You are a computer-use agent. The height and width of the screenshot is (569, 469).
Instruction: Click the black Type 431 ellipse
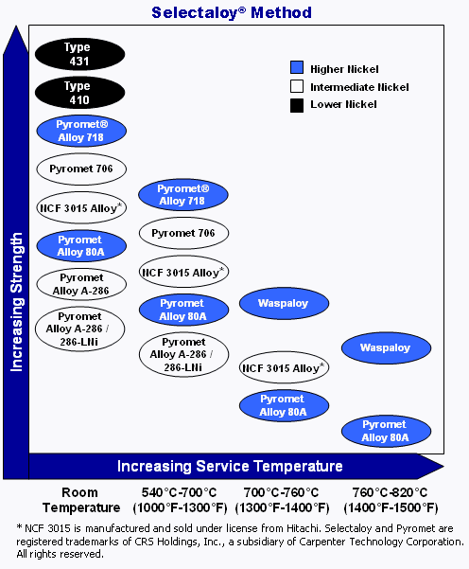click(x=80, y=54)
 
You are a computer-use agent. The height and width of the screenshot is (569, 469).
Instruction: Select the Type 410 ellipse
click(x=80, y=92)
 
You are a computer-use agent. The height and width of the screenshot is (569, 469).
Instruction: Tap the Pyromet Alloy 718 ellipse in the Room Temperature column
click(x=80, y=131)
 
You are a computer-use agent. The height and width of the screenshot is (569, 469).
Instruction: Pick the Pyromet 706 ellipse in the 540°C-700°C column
click(x=183, y=233)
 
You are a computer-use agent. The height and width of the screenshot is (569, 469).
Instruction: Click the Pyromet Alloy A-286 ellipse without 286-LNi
click(x=80, y=284)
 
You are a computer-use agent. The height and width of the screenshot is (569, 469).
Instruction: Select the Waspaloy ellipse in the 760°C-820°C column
click(x=385, y=347)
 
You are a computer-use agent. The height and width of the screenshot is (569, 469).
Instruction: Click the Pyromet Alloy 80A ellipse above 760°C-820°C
click(x=385, y=431)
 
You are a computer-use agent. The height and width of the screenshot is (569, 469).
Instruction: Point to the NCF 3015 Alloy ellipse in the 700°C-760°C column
click(x=283, y=367)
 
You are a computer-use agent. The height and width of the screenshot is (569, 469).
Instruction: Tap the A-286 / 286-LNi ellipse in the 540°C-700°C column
click(x=183, y=354)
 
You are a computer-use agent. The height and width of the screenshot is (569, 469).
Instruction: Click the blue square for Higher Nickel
click(x=296, y=68)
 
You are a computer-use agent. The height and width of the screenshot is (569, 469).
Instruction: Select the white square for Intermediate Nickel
click(x=296, y=86)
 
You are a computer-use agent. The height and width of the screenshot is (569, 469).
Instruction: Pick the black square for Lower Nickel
click(x=296, y=103)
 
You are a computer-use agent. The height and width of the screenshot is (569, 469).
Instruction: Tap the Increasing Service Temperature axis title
click(x=230, y=466)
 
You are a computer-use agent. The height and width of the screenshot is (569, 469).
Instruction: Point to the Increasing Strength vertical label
click(x=16, y=298)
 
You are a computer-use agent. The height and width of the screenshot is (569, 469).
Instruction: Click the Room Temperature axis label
click(x=79, y=500)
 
